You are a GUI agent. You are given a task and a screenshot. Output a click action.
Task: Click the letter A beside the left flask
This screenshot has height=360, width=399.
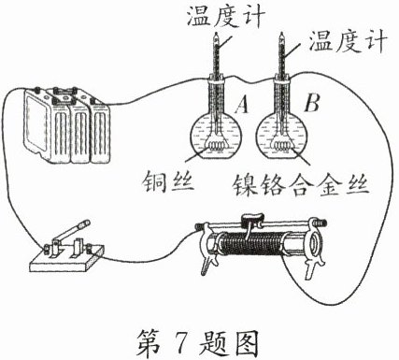242,104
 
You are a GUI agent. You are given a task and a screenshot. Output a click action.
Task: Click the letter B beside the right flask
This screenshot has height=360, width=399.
312,102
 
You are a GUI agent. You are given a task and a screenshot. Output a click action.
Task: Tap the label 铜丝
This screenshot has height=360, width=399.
168,181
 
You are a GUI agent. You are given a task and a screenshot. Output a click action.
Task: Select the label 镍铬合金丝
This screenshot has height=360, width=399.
301,185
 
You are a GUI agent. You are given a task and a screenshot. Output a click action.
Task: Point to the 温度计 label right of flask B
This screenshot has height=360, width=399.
348,41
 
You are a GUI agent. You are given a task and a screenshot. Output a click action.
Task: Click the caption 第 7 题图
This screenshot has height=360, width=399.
198,343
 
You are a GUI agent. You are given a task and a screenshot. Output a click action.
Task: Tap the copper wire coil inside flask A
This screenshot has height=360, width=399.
216,146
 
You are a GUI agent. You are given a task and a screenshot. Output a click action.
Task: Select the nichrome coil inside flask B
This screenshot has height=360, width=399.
282,146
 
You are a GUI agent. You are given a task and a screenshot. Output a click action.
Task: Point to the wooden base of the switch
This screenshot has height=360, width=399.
67,259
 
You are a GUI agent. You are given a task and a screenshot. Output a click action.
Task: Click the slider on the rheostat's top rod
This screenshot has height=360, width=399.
252,220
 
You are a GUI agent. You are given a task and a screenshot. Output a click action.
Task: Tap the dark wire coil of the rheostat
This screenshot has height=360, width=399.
251,244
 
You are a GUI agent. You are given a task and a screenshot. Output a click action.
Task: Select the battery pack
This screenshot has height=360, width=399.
67,124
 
